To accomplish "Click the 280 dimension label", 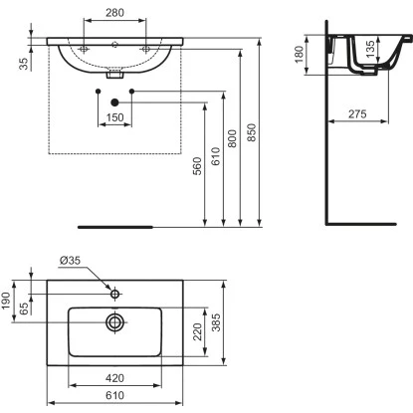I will coord(115,14).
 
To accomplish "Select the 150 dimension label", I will coord(115,118).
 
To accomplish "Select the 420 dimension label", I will coord(115,378).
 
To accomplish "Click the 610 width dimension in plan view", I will coord(115,396).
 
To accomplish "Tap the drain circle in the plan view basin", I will coord(116,321).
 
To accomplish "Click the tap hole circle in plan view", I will coord(116,294).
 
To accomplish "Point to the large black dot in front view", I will coord(115,102).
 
